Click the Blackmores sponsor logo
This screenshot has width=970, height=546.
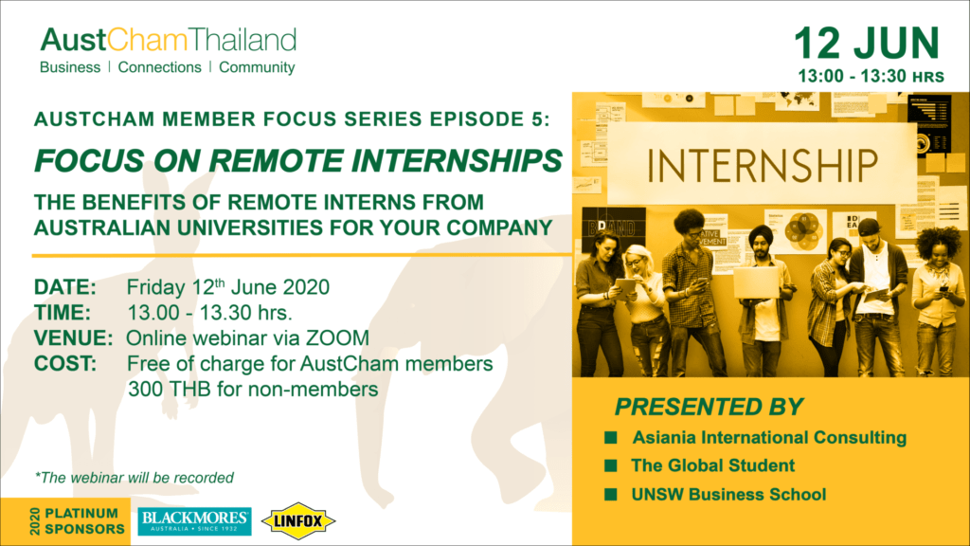pyautogui.click(x=194, y=521)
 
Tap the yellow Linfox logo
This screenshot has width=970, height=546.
pyautogui.click(x=298, y=521)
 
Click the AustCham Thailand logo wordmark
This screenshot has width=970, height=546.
pyautogui.click(x=169, y=40)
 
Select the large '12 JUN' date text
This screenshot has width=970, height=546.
pyautogui.click(x=867, y=44)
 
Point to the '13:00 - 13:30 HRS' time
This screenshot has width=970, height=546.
pyautogui.click(x=871, y=76)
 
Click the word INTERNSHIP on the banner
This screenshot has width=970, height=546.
pyautogui.click(x=763, y=165)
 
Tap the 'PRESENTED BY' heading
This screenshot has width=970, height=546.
pyautogui.click(x=709, y=407)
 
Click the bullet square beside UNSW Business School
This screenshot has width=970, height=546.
pyautogui.click(x=611, y=494)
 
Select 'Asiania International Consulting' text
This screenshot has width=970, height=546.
pyautogui.click(x=769, y=438)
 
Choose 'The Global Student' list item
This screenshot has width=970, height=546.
pyautogui.click(x=712, y=465)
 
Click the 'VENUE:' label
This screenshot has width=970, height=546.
pyautogui.click(x=74, y=338)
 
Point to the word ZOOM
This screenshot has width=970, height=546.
pyautogui.click(x=337, y=338)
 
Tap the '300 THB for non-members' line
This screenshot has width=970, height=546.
pyautogui.click(x=252, y=390)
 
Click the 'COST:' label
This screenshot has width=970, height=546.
pyautogui.click(x=65, y=364)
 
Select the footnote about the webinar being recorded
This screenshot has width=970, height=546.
pyautogui.click(x=135, y=478)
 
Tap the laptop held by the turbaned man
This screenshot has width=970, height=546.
pyautogui.click(x=755, y=282)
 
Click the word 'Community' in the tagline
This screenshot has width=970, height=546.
pyautogui.click(x=257, y=67)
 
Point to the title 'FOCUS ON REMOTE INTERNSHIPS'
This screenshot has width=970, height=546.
pyautogui.click(x=298, y=161)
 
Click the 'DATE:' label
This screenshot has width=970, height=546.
pyautogui.click(x=65, y=287)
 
